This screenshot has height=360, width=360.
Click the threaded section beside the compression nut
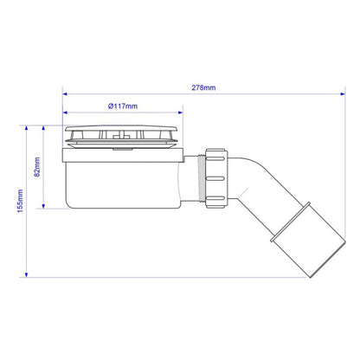(204, 179)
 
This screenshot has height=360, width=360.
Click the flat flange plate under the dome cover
(122, 155)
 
